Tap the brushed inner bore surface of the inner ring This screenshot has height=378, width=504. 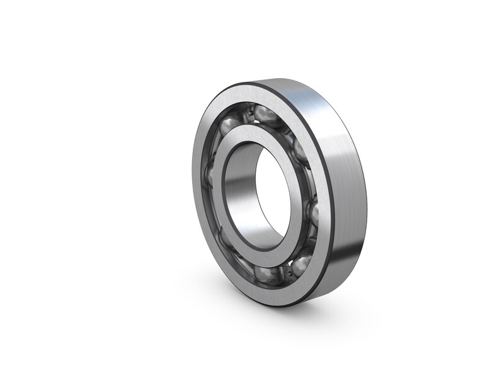[243, 189]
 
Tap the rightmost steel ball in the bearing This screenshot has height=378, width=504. [311, 212]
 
